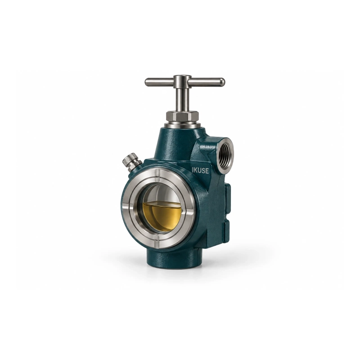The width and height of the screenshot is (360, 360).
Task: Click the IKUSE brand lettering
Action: (x=200, y=171)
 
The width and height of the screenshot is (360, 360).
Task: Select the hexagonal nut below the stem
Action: (x=182, y=116)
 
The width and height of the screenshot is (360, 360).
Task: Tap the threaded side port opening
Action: (x=225, y=154)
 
